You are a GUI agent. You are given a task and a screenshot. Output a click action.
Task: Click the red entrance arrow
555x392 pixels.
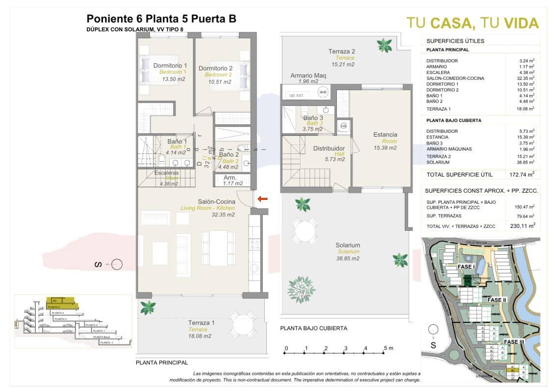click(x=263, y=199)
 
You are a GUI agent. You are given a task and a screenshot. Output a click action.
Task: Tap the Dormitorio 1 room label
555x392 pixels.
click(x=170, y=66)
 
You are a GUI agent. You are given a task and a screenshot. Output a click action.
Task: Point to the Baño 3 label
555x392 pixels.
click(x=313, y=118)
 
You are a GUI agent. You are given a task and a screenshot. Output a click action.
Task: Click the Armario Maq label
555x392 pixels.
click(x=308, y=75)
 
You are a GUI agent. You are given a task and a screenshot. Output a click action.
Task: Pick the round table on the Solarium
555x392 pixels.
click(x=305, y=230)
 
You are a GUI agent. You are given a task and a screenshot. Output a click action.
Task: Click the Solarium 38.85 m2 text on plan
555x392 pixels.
click(x=348, y=258)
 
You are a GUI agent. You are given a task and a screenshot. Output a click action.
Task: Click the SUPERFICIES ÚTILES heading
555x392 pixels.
click(x=448, y=41)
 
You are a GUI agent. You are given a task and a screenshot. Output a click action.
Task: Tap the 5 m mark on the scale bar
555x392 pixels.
click(x=388, y=348)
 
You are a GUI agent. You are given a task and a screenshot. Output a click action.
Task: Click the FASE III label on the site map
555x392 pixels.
click(x=515, y=342)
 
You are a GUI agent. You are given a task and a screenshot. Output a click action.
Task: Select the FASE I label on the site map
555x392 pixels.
click(x=467, y=267)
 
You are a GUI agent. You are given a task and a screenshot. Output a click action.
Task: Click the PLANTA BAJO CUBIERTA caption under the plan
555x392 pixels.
click(x=314, y=328)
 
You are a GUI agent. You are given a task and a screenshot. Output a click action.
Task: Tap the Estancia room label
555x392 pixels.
click(x=385, y=135)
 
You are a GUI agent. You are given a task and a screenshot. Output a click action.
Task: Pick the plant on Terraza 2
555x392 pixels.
click(x=384, y=46)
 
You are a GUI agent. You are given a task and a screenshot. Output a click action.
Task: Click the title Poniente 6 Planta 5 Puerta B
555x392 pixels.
click(x=161, y=19)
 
